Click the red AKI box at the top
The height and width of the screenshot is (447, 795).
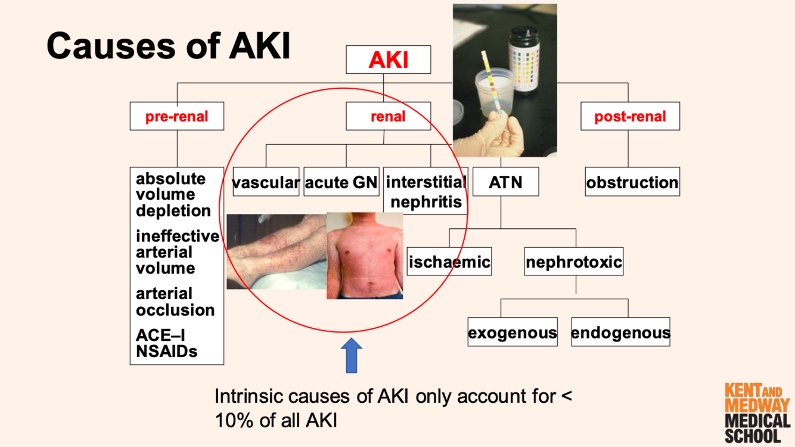click(x=388, y=60)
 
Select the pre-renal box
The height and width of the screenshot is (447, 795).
click(x=177, y=116)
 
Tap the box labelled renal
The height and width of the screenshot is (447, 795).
click(x=388, y=116)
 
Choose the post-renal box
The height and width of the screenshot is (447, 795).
click(x=630, y=116)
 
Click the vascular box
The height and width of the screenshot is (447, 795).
click(x=266, y=182)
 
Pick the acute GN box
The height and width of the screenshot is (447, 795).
click(x=341, y=182)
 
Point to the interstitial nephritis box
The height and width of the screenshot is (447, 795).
click(x=426, y=191)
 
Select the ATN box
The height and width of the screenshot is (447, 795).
click(x=505, y=182)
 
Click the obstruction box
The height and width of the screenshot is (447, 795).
click(x=632, y=182)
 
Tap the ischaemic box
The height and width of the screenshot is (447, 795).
click(x=449, y=262)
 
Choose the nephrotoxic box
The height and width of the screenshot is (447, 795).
click(x=574, y=262)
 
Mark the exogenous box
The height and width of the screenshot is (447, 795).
click(x=513, y=333)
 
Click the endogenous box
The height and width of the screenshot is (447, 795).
click(x=620, y=333)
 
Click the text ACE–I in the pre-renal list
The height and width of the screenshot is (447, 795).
click(x=160, y=336)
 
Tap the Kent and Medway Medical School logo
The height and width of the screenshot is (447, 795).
click(x=757, y=413)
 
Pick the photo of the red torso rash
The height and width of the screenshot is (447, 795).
click(x=365, y=255)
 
